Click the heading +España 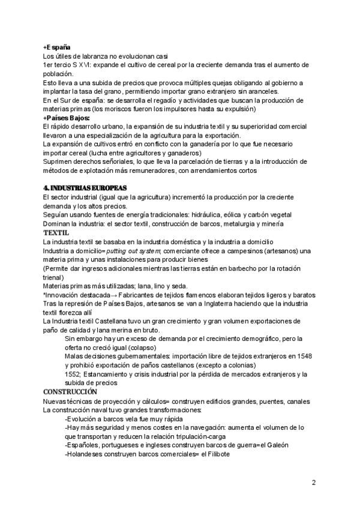(57, 47)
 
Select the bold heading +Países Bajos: (66, 118)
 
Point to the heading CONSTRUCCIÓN (69, 392)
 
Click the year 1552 (73, 374)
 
